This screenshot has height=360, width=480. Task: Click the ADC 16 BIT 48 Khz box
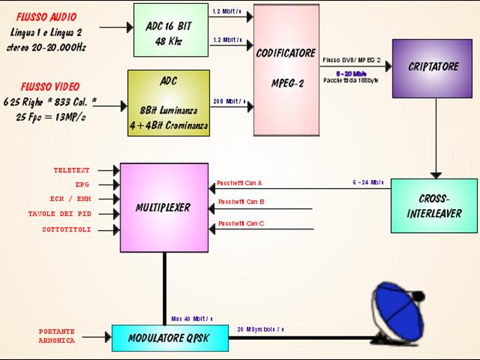click(168, 30)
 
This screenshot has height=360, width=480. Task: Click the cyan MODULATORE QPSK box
click(169, 338)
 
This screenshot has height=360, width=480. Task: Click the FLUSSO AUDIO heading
click(48, 15)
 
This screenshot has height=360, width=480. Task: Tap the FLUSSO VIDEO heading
click(52, 87)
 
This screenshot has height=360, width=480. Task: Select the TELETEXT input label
click(72, 170)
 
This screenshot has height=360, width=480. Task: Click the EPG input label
click(82, 184)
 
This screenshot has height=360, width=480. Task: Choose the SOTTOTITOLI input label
click(67, 229)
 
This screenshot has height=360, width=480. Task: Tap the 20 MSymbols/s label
click(260, 329)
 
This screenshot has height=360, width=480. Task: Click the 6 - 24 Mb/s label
click(369, 182)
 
